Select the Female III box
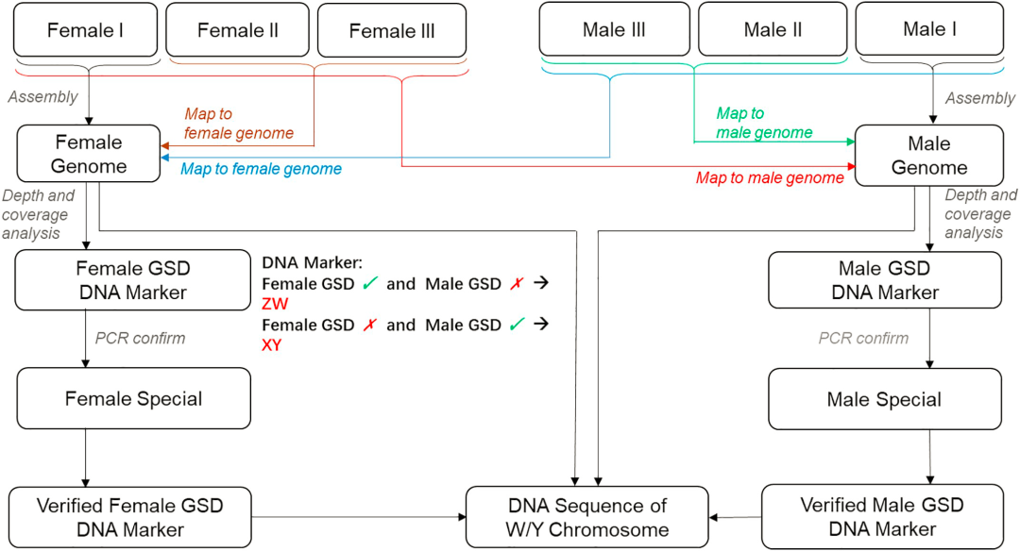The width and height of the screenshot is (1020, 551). [392, 30]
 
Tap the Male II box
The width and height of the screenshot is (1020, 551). [773, 30]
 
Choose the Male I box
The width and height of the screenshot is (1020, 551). [930, 30]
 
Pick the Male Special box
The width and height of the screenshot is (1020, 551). [884, 399]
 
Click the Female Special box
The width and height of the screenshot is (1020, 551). [133, 398]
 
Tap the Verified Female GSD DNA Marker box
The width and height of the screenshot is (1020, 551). [130, 517]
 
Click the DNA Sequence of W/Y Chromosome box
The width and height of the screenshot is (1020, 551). [586, 517]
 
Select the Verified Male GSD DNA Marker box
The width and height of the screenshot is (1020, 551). [882, 517]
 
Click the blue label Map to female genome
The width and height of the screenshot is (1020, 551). [261, 170]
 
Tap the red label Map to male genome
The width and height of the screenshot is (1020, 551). [770, 177]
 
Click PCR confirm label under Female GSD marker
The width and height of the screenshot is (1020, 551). [140, 338]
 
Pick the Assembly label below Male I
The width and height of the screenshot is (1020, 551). [979, 98]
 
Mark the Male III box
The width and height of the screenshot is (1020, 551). [614, 30]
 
